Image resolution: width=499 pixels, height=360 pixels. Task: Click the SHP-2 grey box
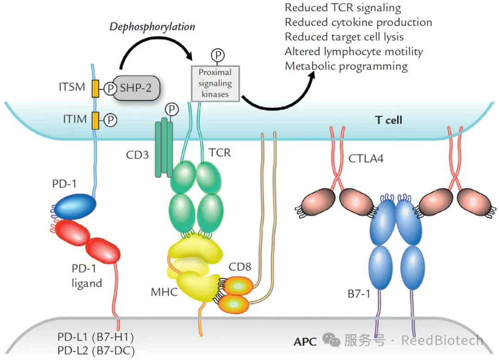136,88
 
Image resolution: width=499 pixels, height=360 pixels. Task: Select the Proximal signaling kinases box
215,83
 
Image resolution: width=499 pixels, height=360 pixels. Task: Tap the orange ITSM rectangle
96,88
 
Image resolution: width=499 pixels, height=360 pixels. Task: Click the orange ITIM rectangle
96,121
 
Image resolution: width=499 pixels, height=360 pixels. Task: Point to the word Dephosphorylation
152,27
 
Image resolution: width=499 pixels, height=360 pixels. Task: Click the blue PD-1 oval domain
75,206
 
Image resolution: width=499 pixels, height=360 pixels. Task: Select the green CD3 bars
164,147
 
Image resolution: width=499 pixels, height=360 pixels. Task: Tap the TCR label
219,153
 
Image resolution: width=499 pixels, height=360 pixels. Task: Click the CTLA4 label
366,159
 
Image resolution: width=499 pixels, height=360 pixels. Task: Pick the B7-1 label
359,293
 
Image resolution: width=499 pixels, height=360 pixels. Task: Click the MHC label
164,292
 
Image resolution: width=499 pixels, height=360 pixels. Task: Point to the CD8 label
240,267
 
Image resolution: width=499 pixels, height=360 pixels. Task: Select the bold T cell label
389,120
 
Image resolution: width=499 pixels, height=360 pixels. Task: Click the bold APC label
305,342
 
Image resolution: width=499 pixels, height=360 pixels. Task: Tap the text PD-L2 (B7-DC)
96,350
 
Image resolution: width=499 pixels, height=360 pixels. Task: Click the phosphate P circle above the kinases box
218,55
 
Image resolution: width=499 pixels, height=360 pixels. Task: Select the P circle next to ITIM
110,120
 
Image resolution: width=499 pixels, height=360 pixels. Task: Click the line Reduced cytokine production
359,23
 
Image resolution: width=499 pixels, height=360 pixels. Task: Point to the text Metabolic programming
346,67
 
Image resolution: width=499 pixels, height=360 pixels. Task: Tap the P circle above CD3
172,110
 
